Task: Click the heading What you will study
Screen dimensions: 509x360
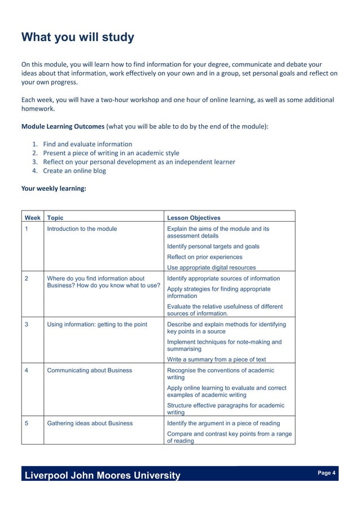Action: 78,37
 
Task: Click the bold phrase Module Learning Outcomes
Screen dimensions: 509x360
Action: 63,126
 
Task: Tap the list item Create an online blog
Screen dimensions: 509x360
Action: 74,170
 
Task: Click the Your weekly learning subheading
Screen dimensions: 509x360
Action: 54,188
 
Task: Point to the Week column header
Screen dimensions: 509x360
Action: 32,218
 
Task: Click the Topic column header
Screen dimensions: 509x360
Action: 55,218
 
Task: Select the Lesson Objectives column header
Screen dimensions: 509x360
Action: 194,218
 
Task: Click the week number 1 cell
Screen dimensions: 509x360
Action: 27,229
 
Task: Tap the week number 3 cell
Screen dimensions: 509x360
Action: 27,324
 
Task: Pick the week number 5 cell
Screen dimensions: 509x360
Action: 27,423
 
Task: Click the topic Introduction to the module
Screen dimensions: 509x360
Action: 82,229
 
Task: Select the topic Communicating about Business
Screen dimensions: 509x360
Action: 89,370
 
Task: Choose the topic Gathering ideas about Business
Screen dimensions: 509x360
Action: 90,423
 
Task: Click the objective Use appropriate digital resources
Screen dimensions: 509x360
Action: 211,267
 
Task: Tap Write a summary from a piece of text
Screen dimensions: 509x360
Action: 216,359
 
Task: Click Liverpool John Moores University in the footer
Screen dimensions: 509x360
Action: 102,475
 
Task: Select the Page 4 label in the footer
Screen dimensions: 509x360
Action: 327,473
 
